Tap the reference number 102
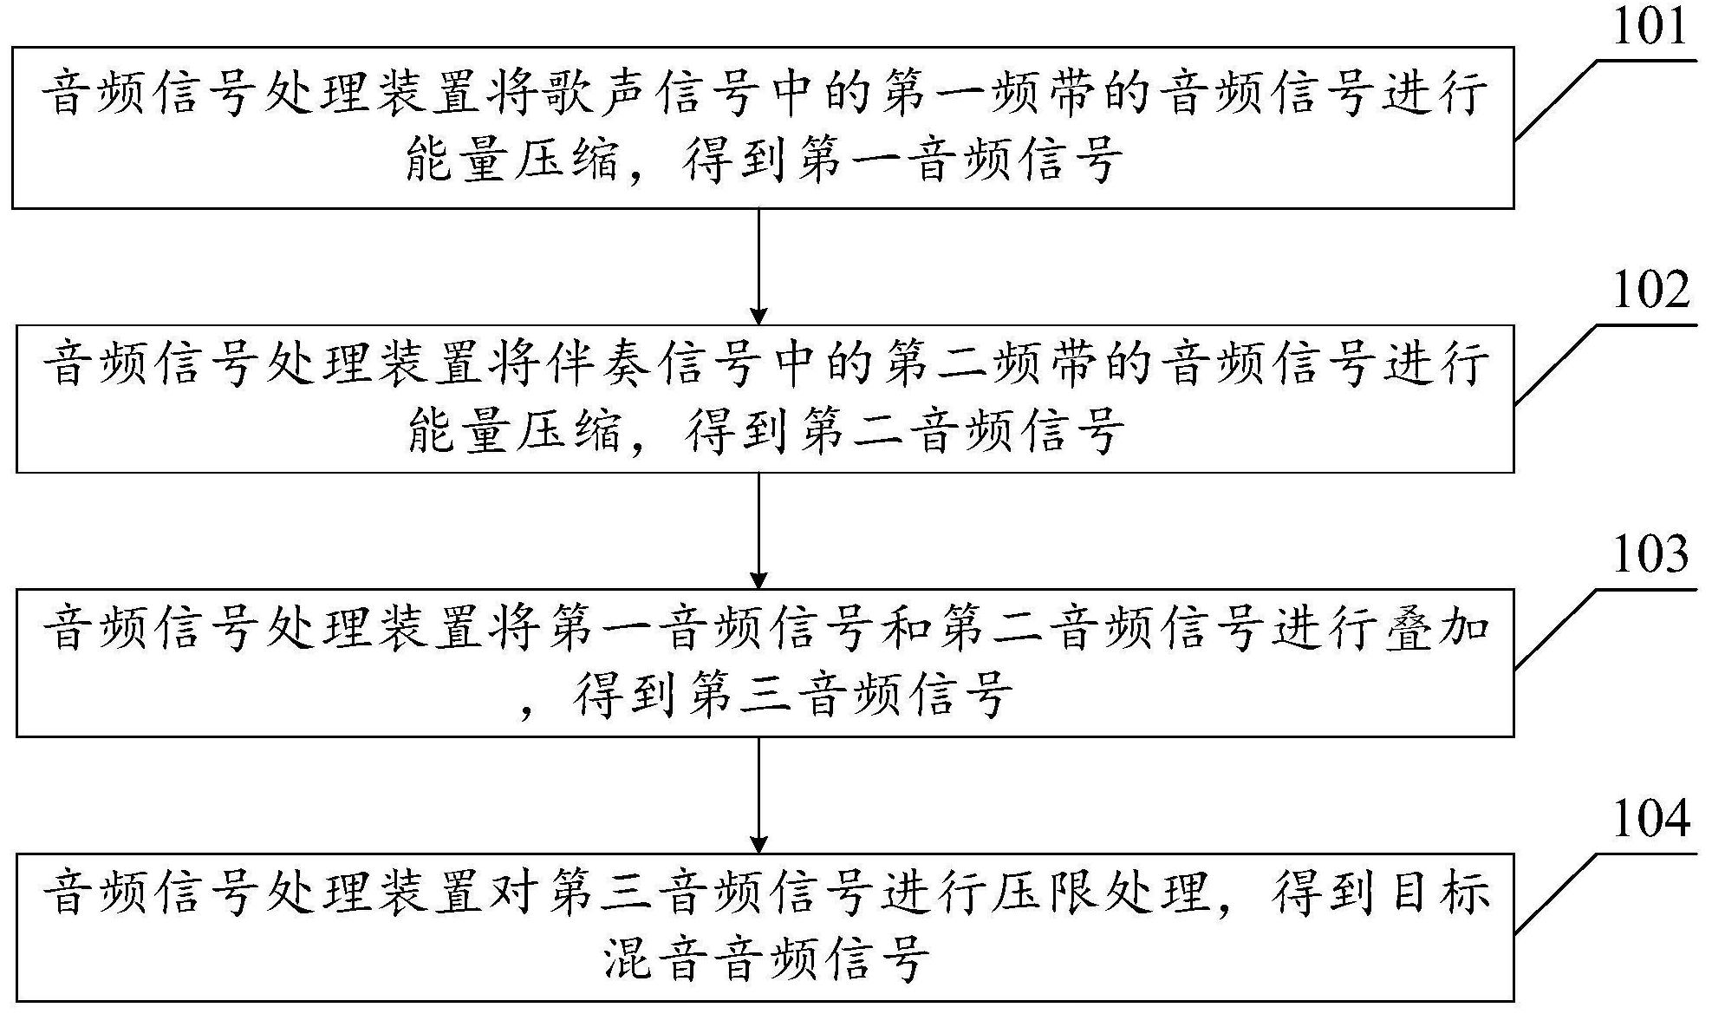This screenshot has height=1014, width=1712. click(1650, 290)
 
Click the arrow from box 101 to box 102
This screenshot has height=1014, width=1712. click(759, 266)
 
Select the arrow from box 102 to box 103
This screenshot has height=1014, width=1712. click(759, 531)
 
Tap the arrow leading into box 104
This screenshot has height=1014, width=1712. click(759, 795)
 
